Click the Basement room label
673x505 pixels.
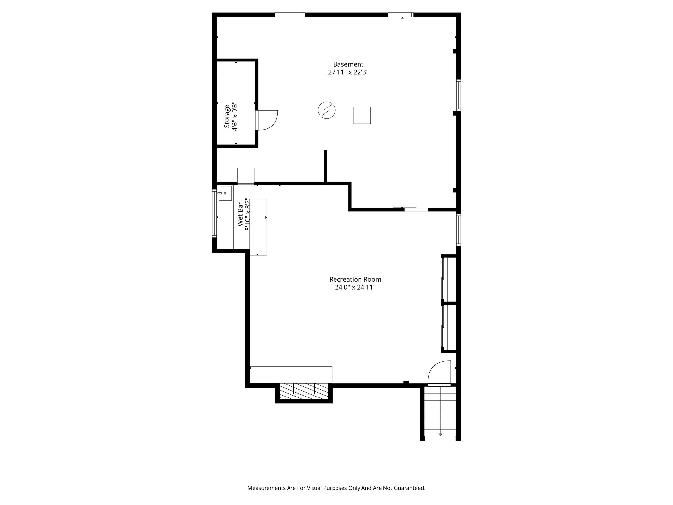coord(348,64)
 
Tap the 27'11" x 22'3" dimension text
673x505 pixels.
coord(348,72)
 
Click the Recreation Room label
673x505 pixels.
coord(355,279)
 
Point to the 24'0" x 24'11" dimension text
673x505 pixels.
coord(355,287)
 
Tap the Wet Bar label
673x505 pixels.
coord(240,214)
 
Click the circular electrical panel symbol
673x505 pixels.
coord(327,110)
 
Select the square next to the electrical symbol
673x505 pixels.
coord(362,115)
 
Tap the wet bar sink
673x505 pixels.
coord(225,193)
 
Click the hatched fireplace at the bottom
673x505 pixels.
coord(304,391)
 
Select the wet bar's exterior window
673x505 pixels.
coord(214,213)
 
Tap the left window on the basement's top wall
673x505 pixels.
coord(290,15)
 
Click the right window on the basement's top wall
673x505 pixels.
coord(400,15)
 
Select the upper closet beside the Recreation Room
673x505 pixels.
coord(450,279)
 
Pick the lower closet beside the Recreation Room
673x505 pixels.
coord(450,327)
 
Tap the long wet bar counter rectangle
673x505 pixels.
coord(258,227)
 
